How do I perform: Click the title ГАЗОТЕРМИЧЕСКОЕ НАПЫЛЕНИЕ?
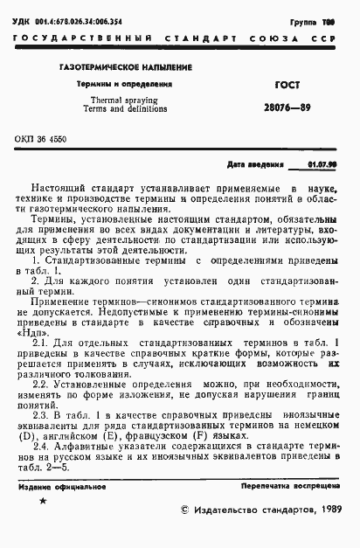126,68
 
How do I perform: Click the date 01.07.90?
322,163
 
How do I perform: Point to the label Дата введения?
256,163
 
